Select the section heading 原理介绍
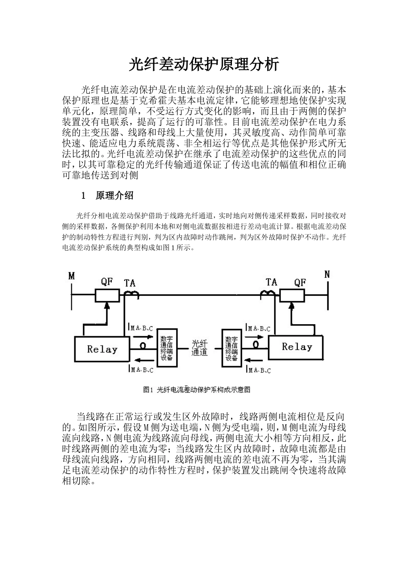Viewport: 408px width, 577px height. coord(115,196)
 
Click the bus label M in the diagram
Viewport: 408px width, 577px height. coord(71,276)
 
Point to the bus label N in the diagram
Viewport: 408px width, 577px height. coord(327,274)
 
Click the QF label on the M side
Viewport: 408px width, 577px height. coord(107,282)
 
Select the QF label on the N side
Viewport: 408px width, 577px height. coord(300,282)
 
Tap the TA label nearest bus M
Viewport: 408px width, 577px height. coord(129,283)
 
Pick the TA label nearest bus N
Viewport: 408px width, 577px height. coord(271,282)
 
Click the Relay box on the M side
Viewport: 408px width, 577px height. coord(102,349)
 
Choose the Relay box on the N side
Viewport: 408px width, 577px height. coord(296,347)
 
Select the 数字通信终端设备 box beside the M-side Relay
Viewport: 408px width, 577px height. coord(166,348)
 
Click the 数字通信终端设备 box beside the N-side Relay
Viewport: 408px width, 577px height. coord(231,348)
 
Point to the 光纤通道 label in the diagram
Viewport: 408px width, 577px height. coord(199,348)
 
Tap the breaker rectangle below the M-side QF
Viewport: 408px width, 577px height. coord(107,295)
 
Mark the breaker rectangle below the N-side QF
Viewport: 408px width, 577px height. coord(292,295)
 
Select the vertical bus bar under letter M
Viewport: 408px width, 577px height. coord(71,296)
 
